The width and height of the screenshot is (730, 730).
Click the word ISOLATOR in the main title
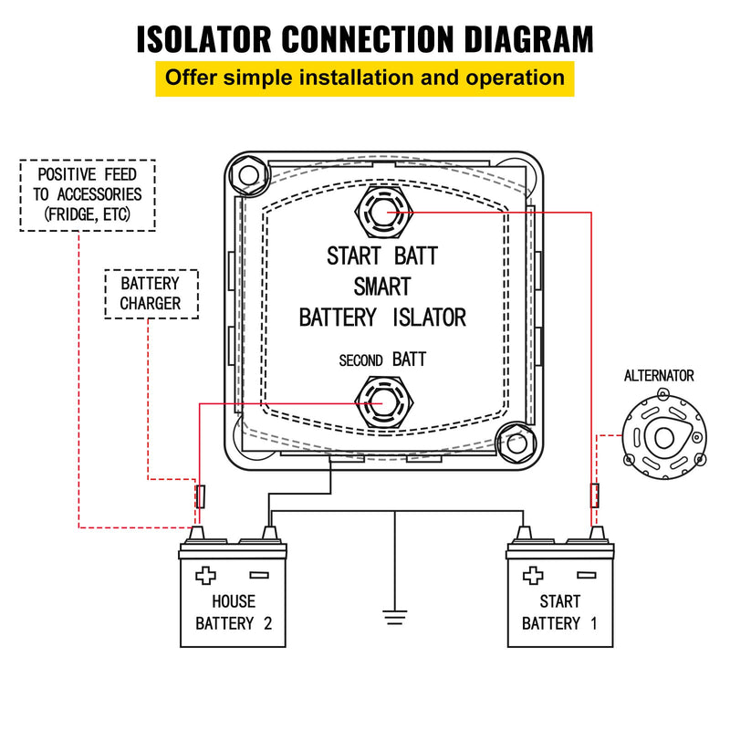click(x=208, y=38)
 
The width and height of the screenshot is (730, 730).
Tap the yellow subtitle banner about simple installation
click(x=364, y=77)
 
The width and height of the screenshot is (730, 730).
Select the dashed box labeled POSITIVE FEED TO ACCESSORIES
click(x=88, y=195)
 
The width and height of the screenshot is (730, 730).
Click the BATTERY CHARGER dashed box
click(x=151, y=293)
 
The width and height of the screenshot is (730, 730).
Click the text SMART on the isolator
click(x=382, y=287)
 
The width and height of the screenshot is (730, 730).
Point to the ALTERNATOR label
click(x=659, y=375)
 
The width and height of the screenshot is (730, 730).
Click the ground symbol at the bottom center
click(x=394, y=617)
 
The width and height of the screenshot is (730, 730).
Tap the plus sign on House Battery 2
click(x=206, y=576)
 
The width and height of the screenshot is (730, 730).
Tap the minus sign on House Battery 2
click(x=258, y=575)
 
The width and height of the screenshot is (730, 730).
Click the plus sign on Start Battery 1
click(x=533, y=576)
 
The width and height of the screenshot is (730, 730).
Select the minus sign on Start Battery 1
click(x=586, y=575)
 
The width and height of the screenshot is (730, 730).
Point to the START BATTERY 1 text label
click(x=559, y=612)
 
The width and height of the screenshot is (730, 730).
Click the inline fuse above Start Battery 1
click(x=595, y=495)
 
